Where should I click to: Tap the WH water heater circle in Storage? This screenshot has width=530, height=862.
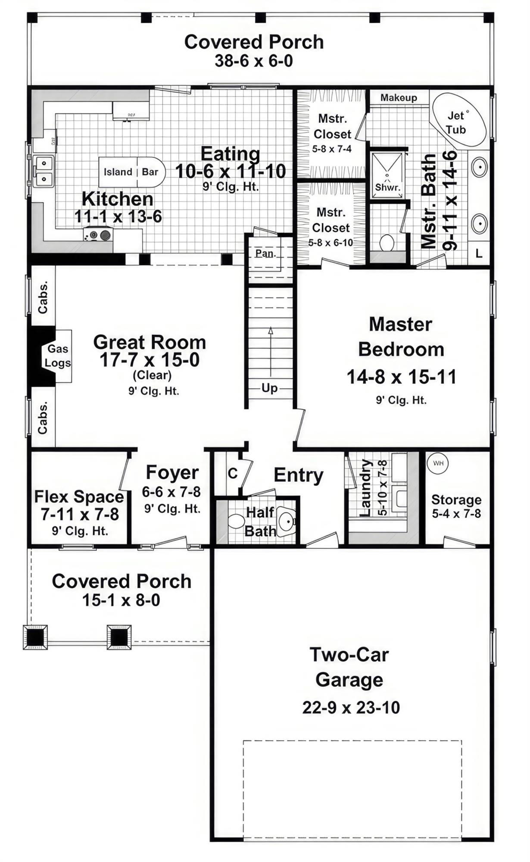point(438,464)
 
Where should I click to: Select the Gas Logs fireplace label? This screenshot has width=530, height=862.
point(58,356)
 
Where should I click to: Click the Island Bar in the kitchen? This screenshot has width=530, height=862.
point(131,172)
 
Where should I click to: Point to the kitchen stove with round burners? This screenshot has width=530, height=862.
point(98,235)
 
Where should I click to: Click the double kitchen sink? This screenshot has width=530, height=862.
point(44,171)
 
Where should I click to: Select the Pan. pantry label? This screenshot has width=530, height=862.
point(265,253)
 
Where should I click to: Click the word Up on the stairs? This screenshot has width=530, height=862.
point(270,388)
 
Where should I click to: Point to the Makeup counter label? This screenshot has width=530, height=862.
point(399,98)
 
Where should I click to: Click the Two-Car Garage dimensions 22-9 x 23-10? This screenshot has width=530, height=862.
point(351,708)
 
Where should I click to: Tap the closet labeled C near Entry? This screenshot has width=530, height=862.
point(233,474)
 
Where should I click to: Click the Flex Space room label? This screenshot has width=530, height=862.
point(79,497)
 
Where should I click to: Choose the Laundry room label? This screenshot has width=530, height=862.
point(365,488)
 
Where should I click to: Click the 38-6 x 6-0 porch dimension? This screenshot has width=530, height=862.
point(254,61)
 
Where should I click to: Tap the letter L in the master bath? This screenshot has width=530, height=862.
point(479,254)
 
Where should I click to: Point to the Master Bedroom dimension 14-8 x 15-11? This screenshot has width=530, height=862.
point(401,377)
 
